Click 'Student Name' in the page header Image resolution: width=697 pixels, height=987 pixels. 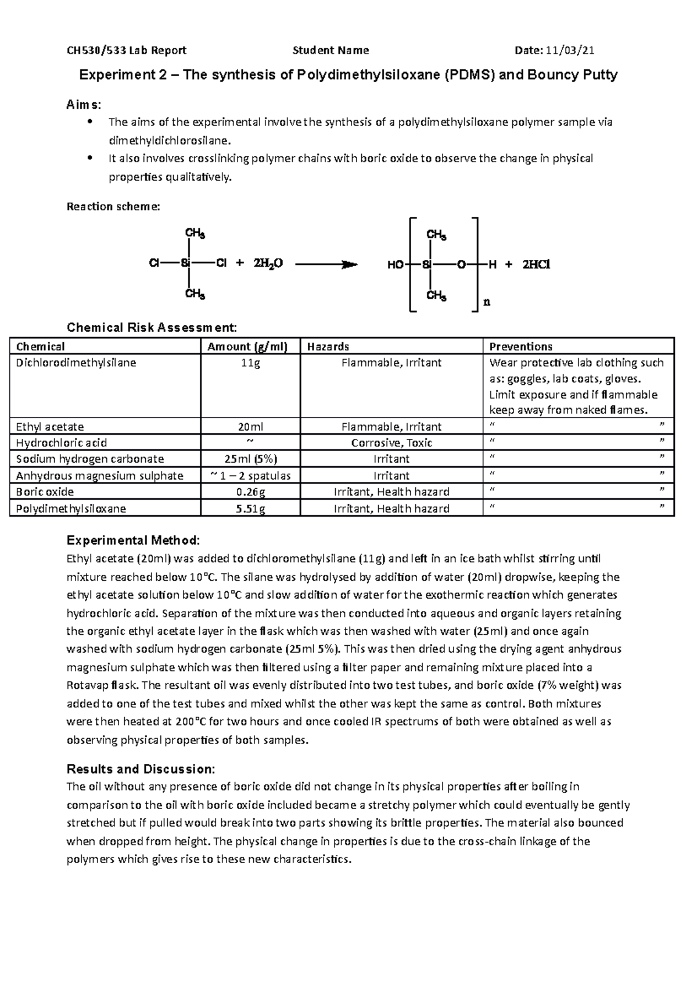[x=330, y=51]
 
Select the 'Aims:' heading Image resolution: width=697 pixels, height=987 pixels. [x=84, y=105]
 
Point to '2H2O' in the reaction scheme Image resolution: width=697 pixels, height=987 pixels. [x=268, y=264]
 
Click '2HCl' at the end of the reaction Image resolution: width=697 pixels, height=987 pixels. [x=536, y=264]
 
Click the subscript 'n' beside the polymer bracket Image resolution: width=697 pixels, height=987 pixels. [x=487, y=302]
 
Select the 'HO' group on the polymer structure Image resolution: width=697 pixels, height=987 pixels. [x=395, y=265]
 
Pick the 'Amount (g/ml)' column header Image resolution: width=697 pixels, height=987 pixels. [x=248, y=346]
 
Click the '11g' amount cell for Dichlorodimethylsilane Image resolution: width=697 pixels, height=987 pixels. [x=250, y=363]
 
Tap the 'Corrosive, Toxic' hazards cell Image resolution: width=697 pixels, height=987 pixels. [x=391, y=443]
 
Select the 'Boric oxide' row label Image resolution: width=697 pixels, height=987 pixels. [x=45, y=492]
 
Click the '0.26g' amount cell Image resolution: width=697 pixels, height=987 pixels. [x=250, y=492]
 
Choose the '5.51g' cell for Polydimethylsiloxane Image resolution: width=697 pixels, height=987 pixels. [x=250, y=509]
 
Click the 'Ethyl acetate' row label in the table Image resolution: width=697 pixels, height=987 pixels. [x=50, y=427]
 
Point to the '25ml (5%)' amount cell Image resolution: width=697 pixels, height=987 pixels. [x=250, y=459]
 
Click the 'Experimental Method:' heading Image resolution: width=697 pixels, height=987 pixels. [x=133, y=541]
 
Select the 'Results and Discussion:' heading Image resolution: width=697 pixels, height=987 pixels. [x=141, y=769]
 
